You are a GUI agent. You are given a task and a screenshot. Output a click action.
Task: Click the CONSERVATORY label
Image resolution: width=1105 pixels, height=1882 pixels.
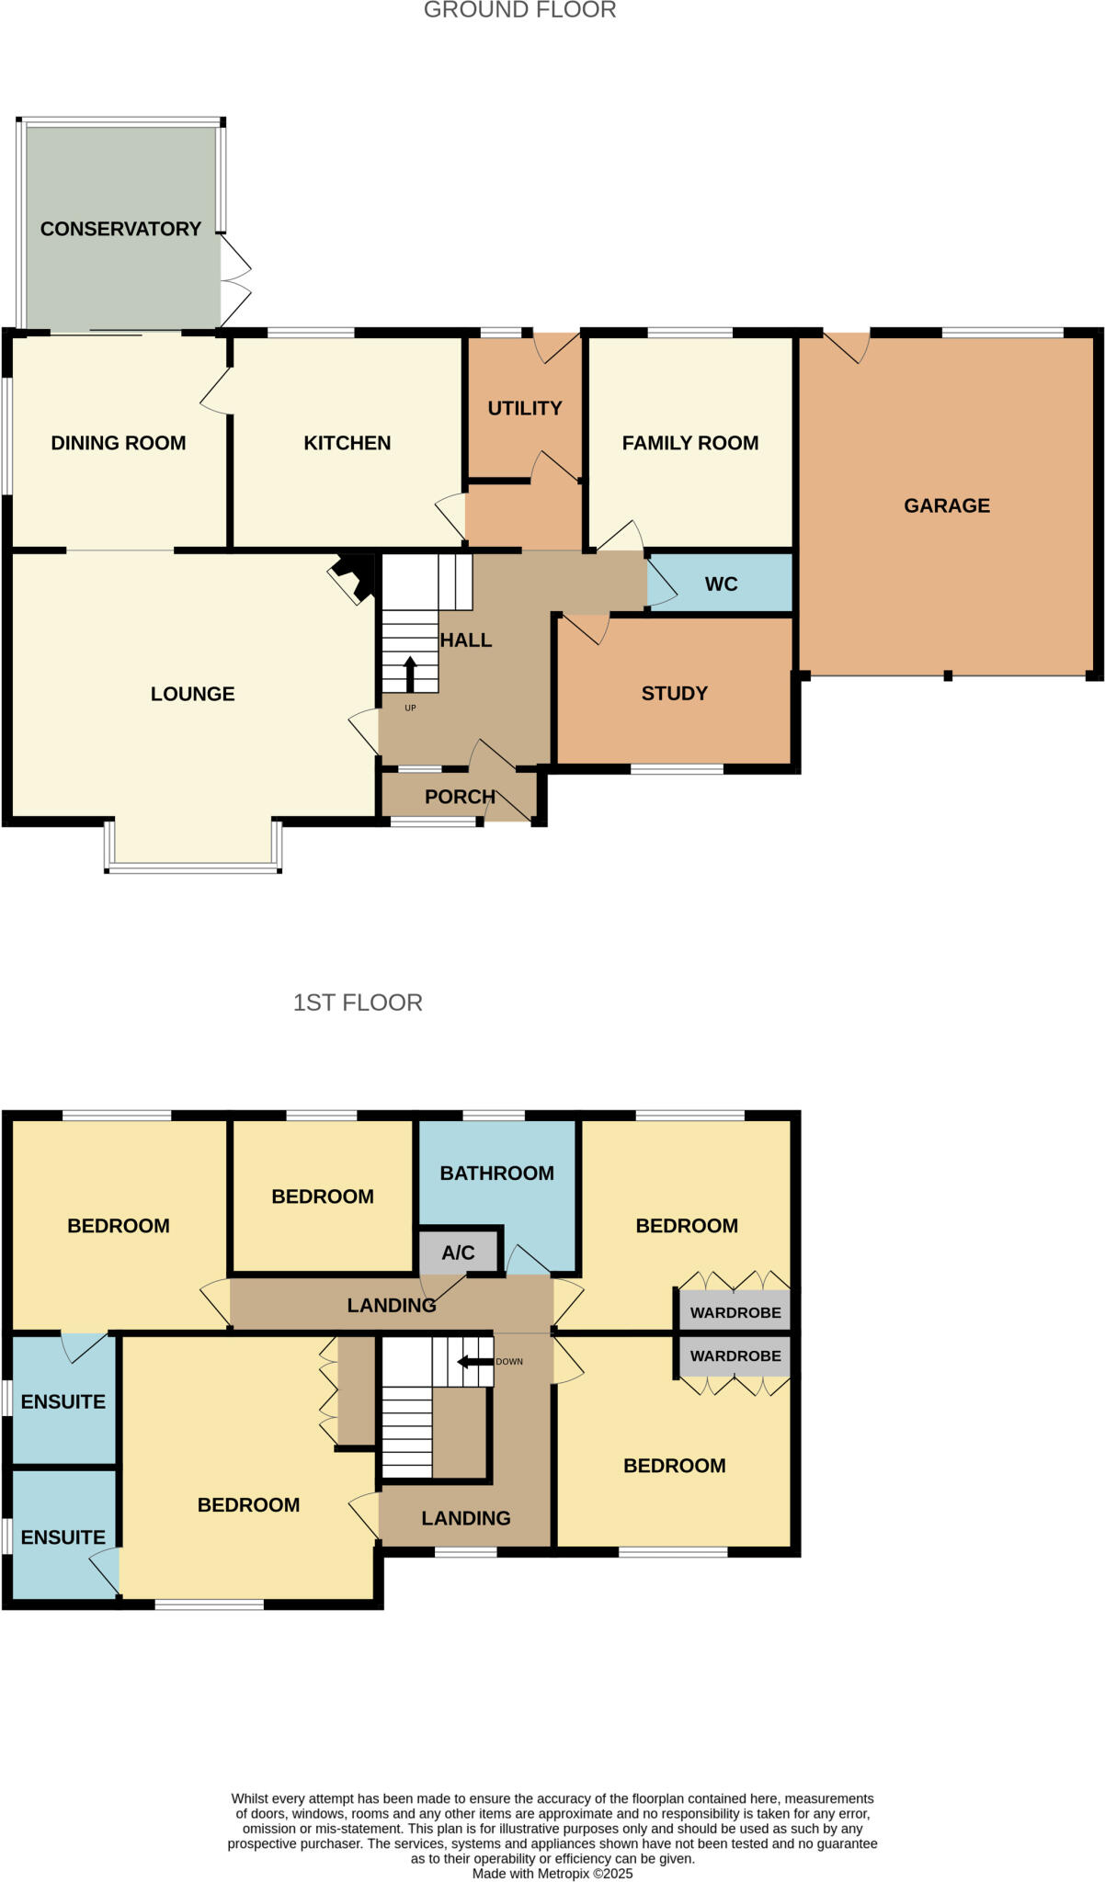[x=120, y=229]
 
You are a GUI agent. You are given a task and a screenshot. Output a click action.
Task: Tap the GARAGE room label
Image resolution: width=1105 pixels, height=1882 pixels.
[x=947, y=505]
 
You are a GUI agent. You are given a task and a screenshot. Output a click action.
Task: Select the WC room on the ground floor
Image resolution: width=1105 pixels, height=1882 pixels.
[x=721, y=584]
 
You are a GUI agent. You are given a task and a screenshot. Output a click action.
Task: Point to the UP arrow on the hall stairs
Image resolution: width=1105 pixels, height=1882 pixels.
[x=410, y=673]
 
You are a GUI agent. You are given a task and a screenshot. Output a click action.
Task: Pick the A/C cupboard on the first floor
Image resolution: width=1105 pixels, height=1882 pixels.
[x=458, y=1253]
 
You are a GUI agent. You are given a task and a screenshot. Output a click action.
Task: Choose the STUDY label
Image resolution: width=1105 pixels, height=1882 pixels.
[x=674, y=694]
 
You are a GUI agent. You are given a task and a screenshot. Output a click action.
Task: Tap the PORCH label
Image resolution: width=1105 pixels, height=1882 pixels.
[x=460, y=797]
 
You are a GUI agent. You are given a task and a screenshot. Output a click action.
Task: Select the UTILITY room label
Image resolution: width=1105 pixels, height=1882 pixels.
[x=524, y=408]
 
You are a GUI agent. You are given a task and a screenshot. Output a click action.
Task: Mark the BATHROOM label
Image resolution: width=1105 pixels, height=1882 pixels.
[x=496, y=1173]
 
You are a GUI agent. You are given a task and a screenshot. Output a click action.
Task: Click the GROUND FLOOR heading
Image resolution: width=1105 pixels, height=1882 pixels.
[x=519, y=10]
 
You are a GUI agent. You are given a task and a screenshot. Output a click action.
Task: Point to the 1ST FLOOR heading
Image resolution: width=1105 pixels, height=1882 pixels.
[x=358, y=1003]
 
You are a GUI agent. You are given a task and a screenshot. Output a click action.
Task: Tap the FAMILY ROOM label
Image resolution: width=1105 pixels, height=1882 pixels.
[x=689, y=443]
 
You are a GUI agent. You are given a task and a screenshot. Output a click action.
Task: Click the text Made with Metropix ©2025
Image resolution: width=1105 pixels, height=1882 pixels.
[x=552, y=1874]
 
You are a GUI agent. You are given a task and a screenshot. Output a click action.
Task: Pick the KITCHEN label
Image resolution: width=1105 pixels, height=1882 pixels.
[x=347, y=443]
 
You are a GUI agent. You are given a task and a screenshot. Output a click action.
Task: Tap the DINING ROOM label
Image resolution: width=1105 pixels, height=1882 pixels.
[x=118, y=443]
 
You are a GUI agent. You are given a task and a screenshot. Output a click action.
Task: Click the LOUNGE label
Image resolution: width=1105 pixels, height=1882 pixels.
[x=192, y=694]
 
